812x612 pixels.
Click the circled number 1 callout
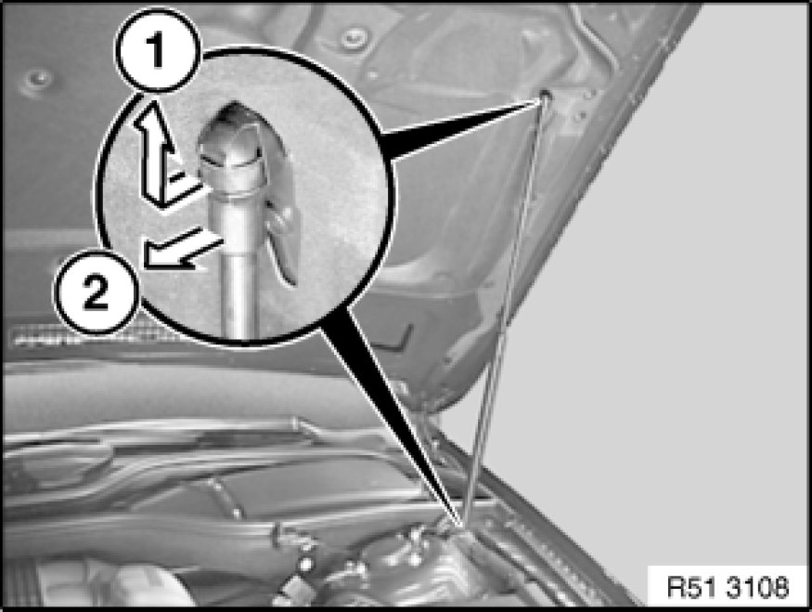[x=157, y=51]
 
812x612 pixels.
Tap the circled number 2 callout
[x=97, y=292]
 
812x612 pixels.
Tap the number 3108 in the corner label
[x=757, y=587]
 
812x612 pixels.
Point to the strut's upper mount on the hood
[x=546, y=95]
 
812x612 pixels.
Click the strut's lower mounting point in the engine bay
[x=462, y=525]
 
